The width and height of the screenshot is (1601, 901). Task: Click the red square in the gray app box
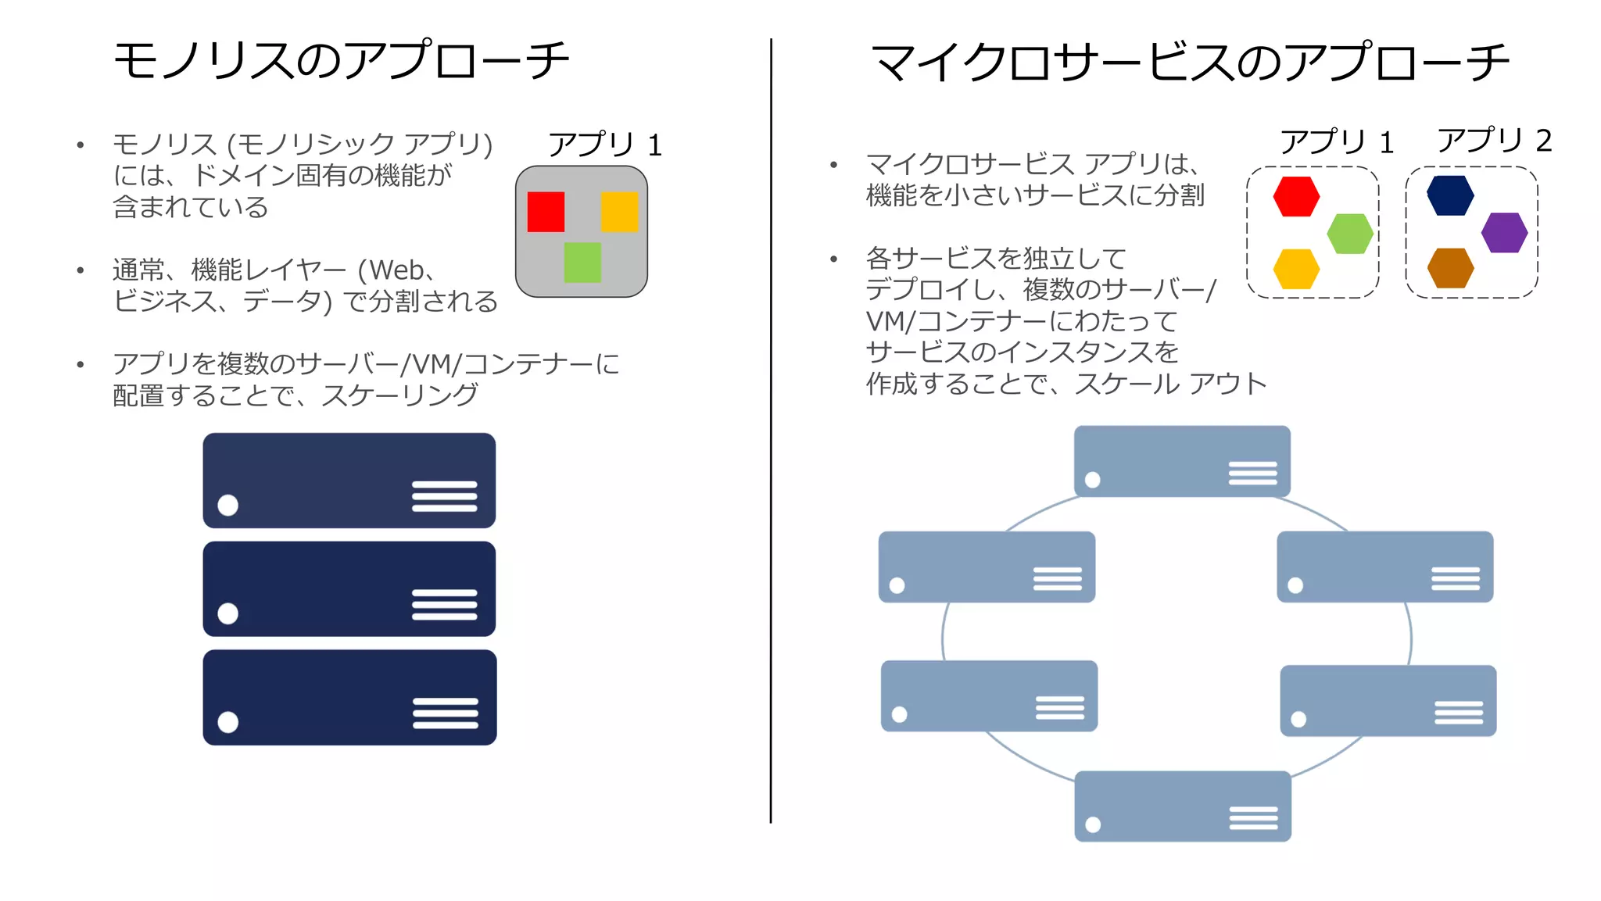[546, 212]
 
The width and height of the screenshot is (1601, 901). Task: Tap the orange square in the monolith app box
[619, 212]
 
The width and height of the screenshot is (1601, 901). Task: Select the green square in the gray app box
[582, 262]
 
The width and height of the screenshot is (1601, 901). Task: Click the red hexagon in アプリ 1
[1296, 196]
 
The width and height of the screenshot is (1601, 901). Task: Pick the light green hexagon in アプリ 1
[1350, 234]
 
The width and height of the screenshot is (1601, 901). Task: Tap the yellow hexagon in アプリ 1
[1296, 269]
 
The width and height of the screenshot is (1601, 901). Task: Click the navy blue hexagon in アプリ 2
[1450, 195]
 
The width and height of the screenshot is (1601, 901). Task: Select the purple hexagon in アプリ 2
[1504, 233]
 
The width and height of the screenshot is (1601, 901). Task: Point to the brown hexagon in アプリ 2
[1450, 268]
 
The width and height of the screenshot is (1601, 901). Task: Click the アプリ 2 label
[1494, 141]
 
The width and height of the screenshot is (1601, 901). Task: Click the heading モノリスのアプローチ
[342, 61]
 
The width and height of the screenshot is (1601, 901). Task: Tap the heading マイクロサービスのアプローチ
[1190, 63]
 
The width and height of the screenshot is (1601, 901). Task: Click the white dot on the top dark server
[228, 505]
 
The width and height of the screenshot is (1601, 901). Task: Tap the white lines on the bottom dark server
[445, 713]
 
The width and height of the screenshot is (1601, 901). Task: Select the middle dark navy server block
[349, 588]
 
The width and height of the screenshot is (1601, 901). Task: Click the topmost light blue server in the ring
[1181, 461]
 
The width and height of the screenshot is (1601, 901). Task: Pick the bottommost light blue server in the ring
[1182, 806]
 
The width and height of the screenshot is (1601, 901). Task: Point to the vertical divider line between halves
[771, 430]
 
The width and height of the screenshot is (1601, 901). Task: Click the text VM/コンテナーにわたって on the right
[1021, 321]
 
